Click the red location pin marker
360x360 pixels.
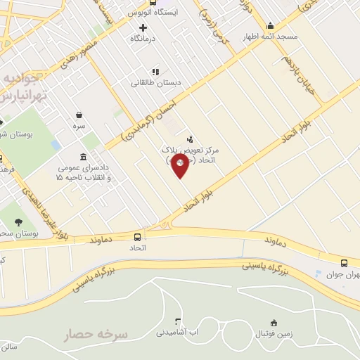pos(180,165)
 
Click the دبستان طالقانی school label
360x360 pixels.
pos(155,82)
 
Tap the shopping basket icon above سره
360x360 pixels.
pos(79,115)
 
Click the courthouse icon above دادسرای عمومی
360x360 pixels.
pos(84,156)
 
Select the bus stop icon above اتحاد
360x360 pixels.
pos(136,237)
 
